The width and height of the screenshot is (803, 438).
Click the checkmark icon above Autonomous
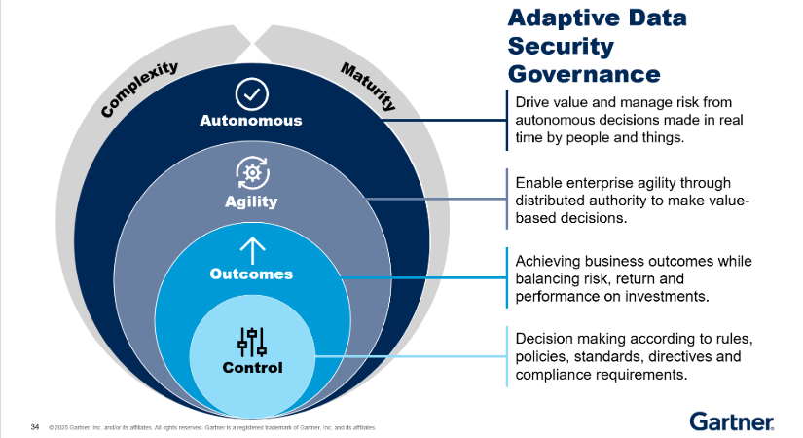pyautogui.click(x=252, y=94)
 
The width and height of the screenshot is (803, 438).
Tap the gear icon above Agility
pyautogui.click(x=251, y=172)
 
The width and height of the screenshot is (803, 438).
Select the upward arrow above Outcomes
pyautogui.click(x=251, y=249)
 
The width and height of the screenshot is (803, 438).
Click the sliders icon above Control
pyautogui.click(x=251, y=342)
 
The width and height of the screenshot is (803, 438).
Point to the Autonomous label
pyautogui.click(x=251, y=122)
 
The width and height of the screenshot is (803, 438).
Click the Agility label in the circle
pyautogui.click(x=251, y=202)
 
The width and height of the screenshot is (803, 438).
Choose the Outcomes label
pyautogui.click(x=251, y=274)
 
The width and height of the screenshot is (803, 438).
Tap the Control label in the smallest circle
pyautogui.click(x=252, y=368)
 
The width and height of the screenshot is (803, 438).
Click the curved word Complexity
pyautogui.click(x=140, y=89)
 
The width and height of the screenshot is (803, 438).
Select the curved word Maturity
pyautogui.click(x=367, y=86)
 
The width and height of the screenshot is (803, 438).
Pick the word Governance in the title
pyautogui.click(x=585, y=73)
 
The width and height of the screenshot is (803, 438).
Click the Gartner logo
pyautogui.click(x=732, y=420)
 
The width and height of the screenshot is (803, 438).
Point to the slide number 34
pyautogui.click(x=35, y=426)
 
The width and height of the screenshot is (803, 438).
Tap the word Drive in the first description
pyautogui.click(x=532, y=102)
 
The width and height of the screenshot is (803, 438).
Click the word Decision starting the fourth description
pyautogui.click(x=544, y=339)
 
